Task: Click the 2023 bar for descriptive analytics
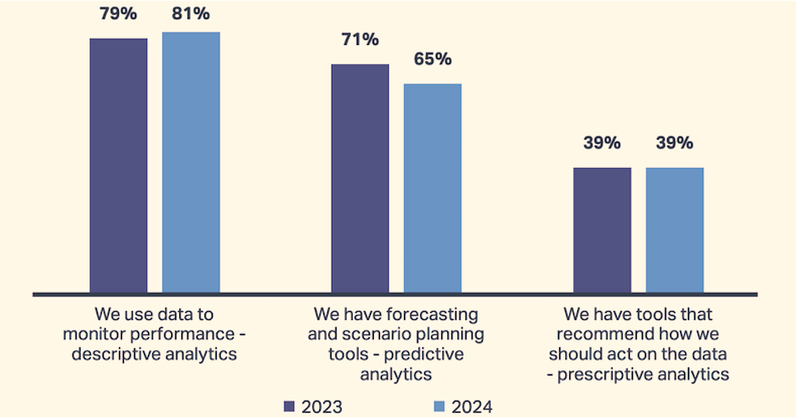tap(119, 166)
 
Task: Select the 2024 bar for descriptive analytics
tap(191, 163)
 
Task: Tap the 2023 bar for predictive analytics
tap(360, 178)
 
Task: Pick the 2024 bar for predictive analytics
tap(432, 188)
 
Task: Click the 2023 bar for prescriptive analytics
tap(602, 230)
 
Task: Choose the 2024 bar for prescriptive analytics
tap(675, 230)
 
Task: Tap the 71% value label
tap(360, 40)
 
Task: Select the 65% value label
tap(432, 59)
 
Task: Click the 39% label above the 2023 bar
tap(602, 143)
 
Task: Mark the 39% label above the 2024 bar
tap(675, 143)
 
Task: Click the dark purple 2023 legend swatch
tap(288, 406)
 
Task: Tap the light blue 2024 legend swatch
tap(438, 406)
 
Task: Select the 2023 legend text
tap(322, 407)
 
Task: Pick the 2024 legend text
tap(472, 407)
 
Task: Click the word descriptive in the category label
tap(113, 354)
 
